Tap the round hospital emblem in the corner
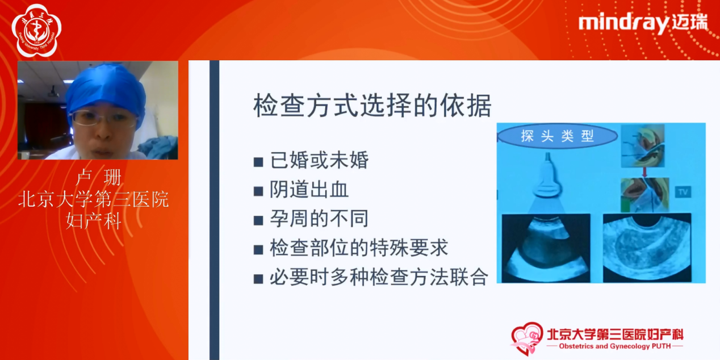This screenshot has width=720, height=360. point(36,31)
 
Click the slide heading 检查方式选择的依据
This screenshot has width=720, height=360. point(372,106)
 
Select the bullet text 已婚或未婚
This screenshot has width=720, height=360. point(319,161)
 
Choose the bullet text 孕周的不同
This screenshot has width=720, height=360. point(319,219)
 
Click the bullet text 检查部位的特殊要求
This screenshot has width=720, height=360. point(359,248)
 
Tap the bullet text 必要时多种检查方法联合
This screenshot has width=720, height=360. point(379,278)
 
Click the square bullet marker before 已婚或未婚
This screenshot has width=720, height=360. point(258,162)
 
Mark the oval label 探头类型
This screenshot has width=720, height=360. point(557,136)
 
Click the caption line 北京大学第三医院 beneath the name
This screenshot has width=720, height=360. point(94,199)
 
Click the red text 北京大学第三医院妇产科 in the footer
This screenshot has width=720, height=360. point(614,333)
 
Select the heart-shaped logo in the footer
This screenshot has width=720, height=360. point(526,338)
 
